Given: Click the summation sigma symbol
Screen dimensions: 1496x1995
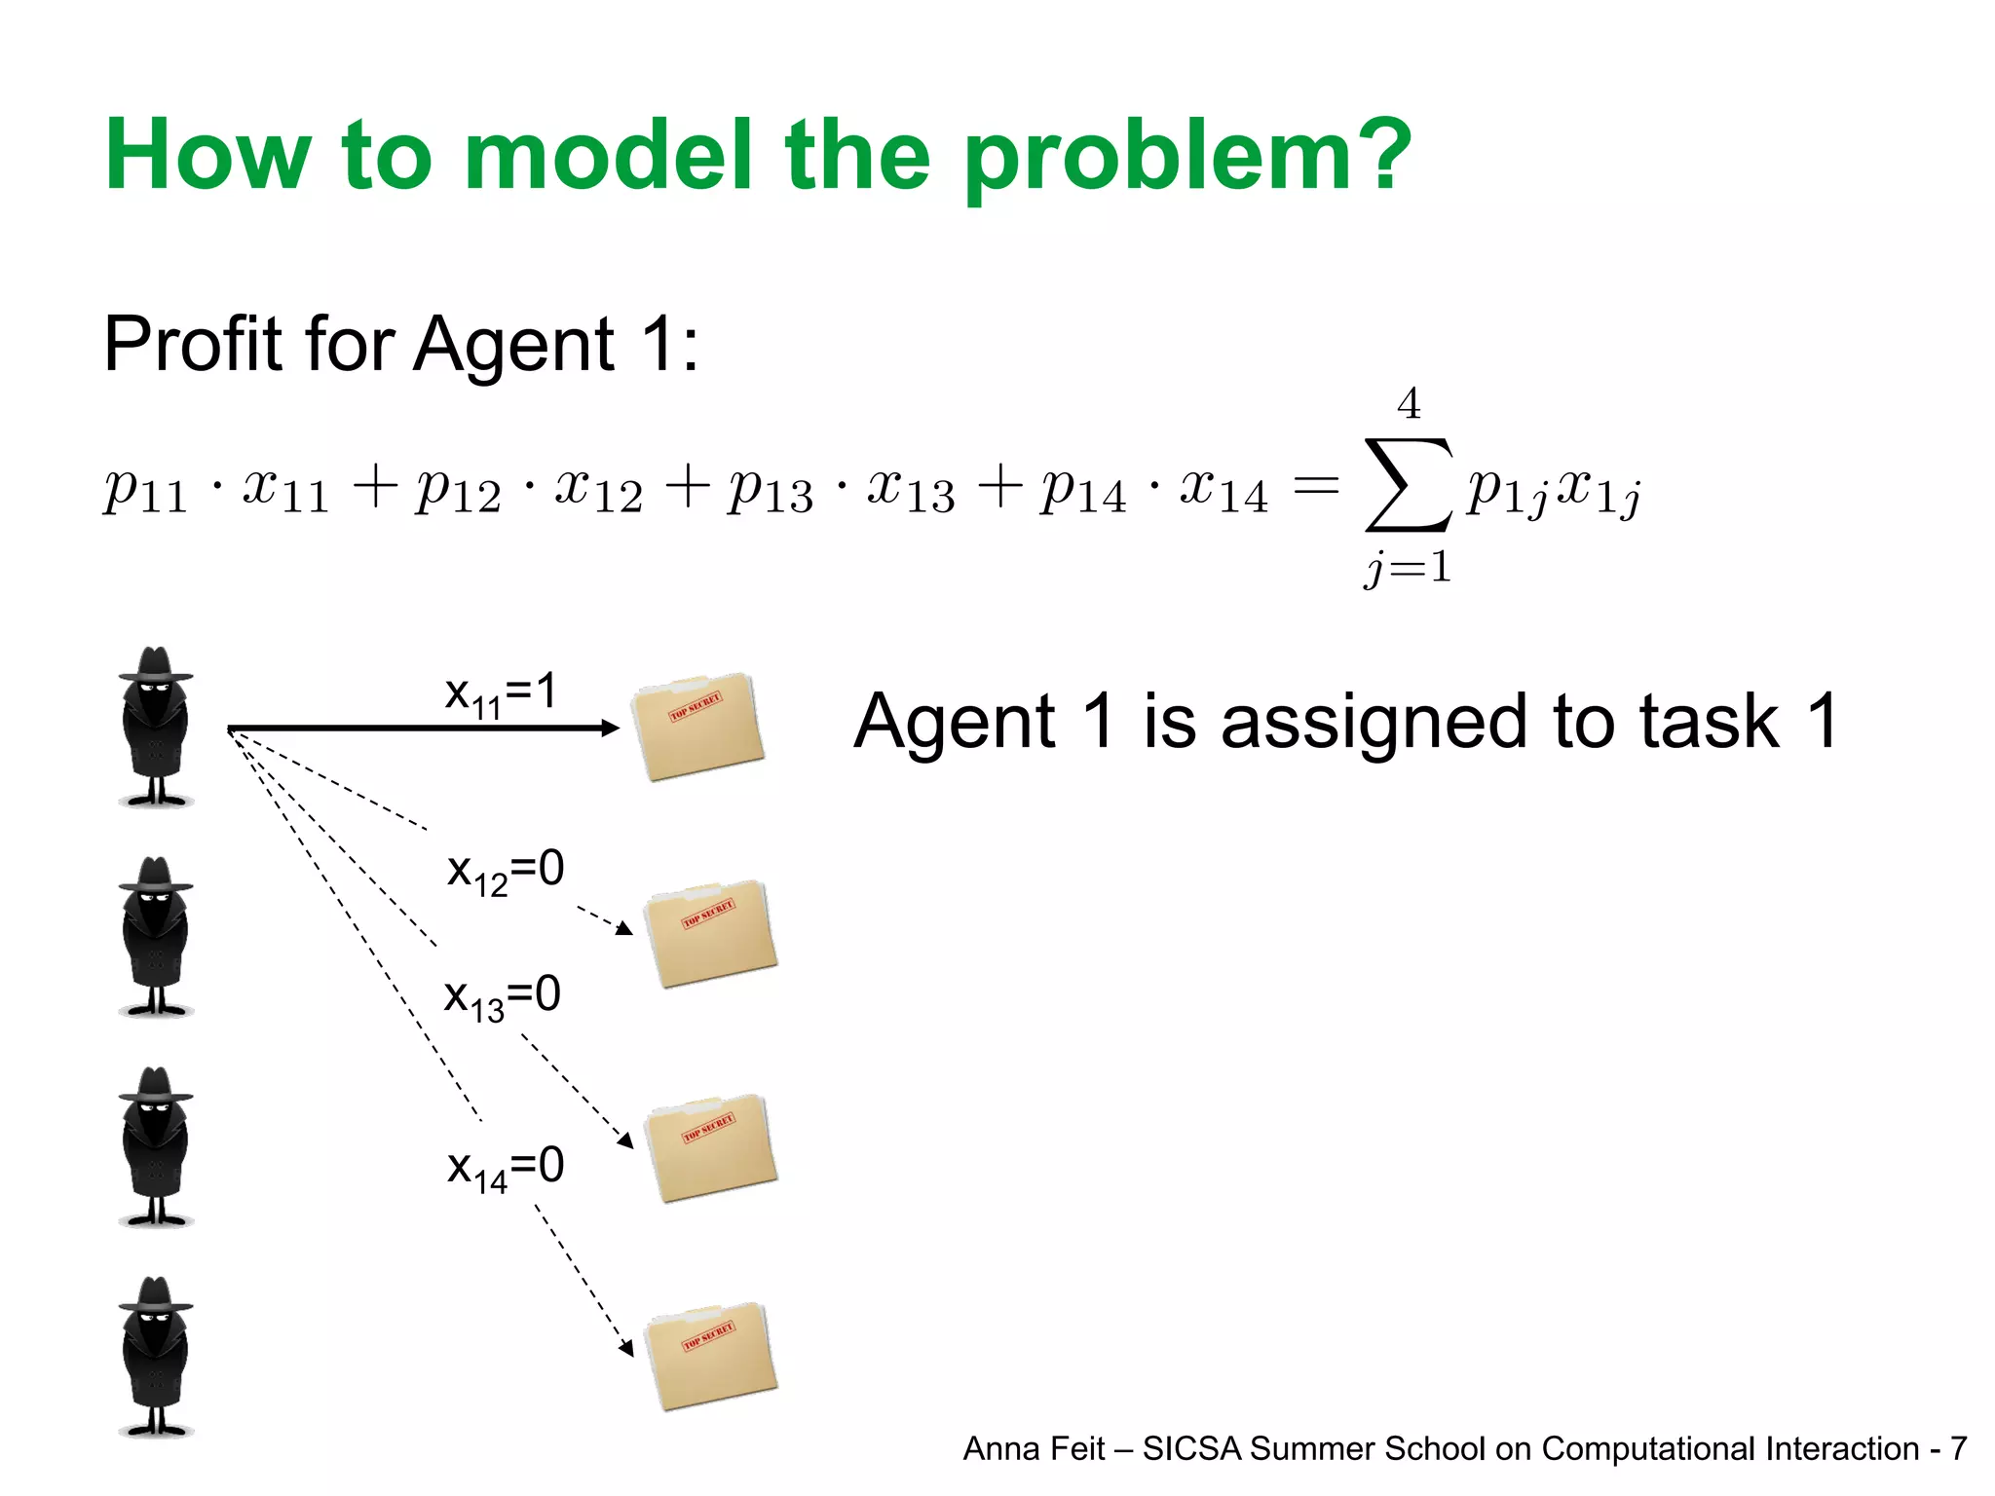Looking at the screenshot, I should click(x=1409, y=484).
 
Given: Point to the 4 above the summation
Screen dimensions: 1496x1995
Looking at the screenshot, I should click(x=1409, y=403).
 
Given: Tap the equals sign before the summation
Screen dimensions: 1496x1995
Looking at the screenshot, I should click(x=1316, y=484).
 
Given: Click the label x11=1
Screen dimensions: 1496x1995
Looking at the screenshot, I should click(x=501, y=694).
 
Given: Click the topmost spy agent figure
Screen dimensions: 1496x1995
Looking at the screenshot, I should click(x=156, y=727).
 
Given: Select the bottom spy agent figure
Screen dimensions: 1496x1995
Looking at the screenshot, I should click(x=156, y=1356).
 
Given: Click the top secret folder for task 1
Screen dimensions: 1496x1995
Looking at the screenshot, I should click(x=697, y=726).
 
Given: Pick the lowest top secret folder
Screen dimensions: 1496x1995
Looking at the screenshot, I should click(x=710, y=1356).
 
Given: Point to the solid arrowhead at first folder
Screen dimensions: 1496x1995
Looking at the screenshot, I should click(x=611, y=728).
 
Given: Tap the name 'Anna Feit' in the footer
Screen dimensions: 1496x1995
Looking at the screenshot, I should click(x=1034, y=1449).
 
